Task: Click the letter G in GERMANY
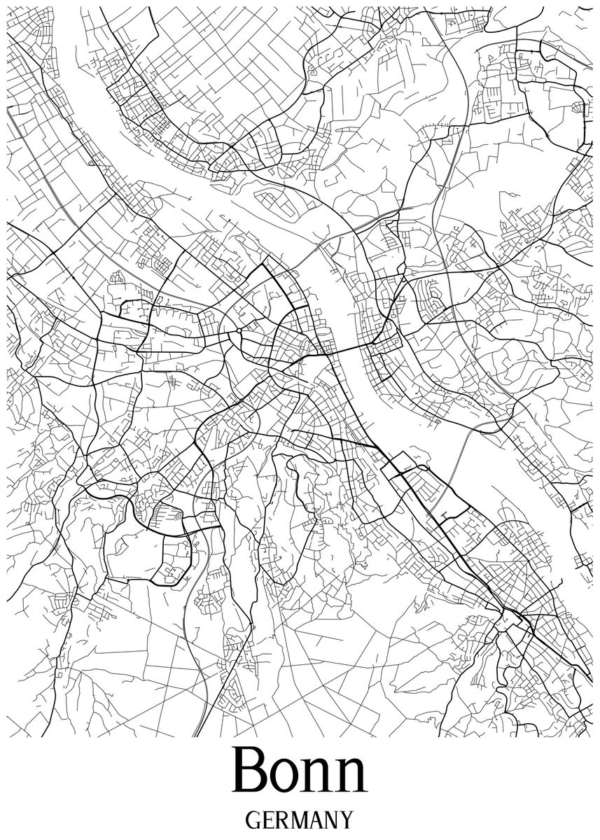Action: pos(253,820)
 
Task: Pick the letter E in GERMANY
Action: pos(268,820)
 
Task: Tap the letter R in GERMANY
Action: pos(281,820)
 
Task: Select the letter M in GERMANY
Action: pos(299,820)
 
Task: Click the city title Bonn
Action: pos(300,771)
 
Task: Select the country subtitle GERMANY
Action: pos(300,820)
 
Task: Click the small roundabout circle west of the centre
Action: pos(239,330)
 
